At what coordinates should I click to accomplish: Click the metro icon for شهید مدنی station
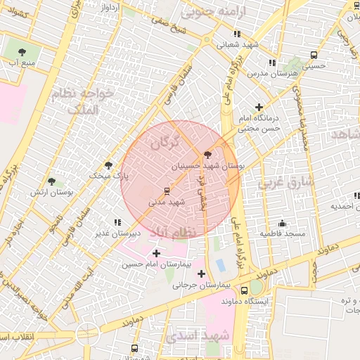(167, 191)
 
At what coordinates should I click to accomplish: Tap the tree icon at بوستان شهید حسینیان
(207, 155)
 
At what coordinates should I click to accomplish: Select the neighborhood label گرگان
(165, 143)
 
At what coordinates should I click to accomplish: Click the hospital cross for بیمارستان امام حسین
(155, 253)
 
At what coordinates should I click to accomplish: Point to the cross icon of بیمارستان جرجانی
(202, 274)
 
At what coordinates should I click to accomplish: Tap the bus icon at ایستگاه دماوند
(244, 290)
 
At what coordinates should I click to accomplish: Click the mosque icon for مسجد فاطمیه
(282, 222)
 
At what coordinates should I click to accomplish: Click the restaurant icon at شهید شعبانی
(237, 33)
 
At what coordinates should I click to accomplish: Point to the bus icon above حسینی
(313, 54)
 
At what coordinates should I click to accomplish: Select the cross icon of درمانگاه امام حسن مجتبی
(259, 107)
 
